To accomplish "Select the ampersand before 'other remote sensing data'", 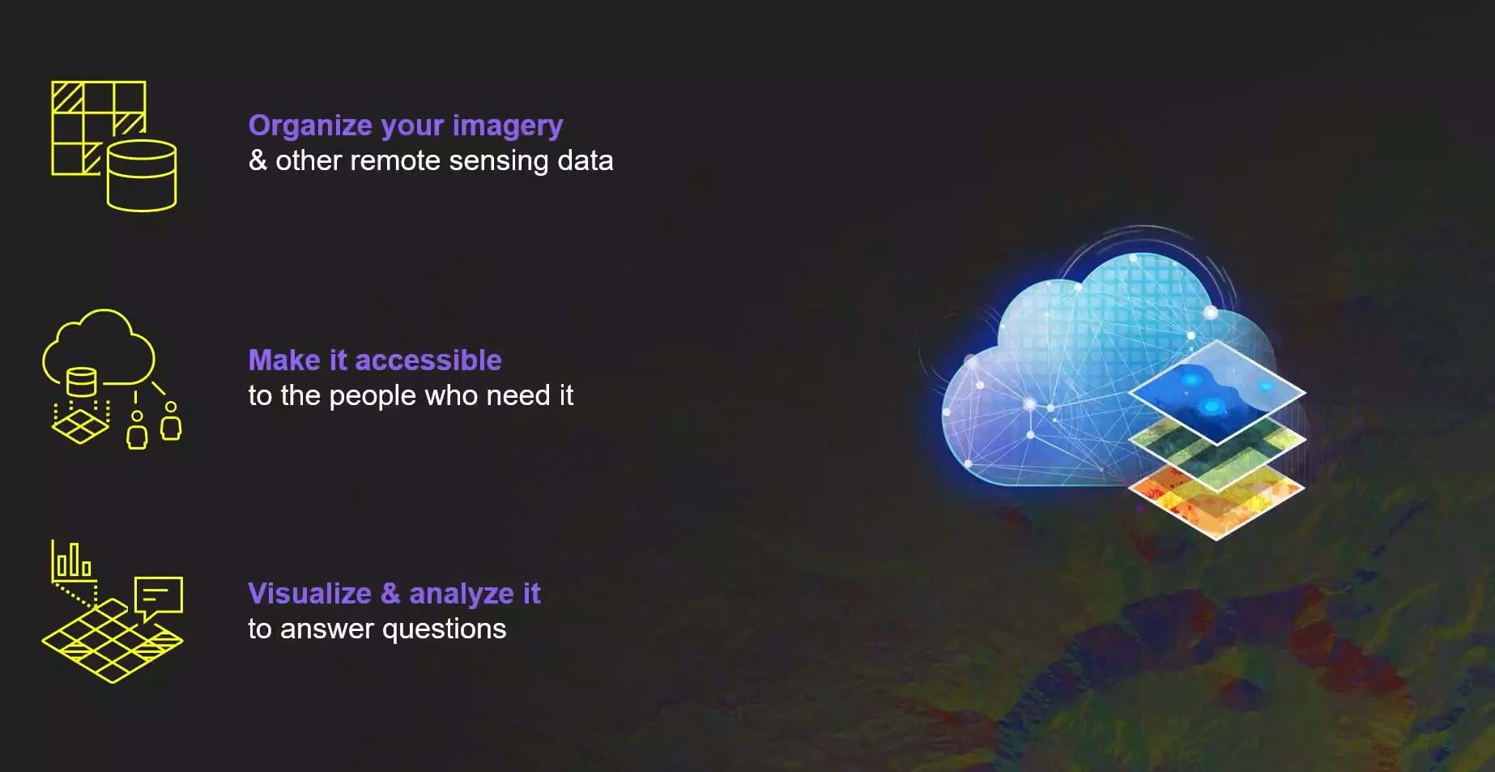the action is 258,160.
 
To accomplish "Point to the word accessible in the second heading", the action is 428,360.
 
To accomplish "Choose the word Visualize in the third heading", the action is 310,594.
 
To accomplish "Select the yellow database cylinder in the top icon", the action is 142,176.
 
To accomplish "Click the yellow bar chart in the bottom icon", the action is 71,559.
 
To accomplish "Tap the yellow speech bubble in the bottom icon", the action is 159,598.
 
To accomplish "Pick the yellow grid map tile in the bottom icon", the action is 112,642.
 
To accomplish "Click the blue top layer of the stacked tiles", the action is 1216,392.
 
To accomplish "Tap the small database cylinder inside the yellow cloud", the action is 81,382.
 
